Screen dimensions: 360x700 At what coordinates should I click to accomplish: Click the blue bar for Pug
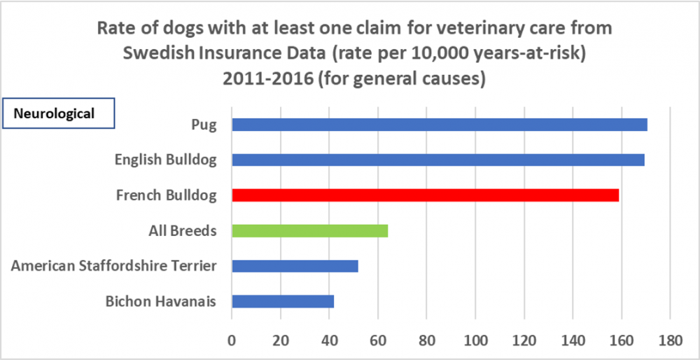[439, 125]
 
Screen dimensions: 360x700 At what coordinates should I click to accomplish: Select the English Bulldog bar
[437, 160]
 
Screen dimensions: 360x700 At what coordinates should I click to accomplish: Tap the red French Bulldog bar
[425, 195]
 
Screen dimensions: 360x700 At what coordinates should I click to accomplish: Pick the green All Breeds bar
[309, 230]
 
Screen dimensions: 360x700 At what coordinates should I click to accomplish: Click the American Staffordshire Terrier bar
[295, 266]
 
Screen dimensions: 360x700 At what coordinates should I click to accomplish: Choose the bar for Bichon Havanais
[283, 301]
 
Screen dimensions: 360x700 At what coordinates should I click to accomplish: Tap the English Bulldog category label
[166, 160]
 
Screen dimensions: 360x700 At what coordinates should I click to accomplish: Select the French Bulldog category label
[167, 195]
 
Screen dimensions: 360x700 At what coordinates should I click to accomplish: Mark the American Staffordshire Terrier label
[114, 266]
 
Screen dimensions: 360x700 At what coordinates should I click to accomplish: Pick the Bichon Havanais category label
[161, 302]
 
